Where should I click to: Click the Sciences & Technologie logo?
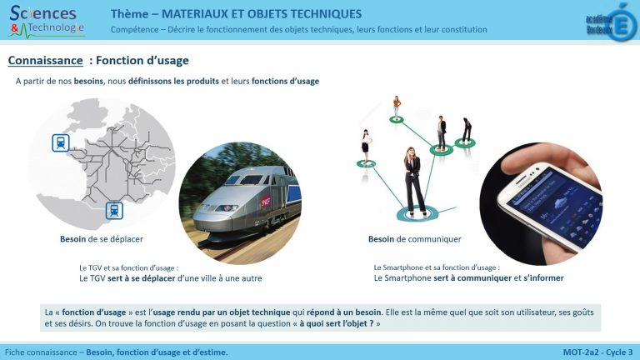[47, 21]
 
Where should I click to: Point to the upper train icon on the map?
[61, 142]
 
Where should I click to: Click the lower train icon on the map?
[114, 210]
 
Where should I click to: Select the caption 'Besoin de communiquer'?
[414, 239]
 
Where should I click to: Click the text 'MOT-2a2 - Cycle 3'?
[597, 352]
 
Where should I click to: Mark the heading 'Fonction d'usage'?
[142, 61]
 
